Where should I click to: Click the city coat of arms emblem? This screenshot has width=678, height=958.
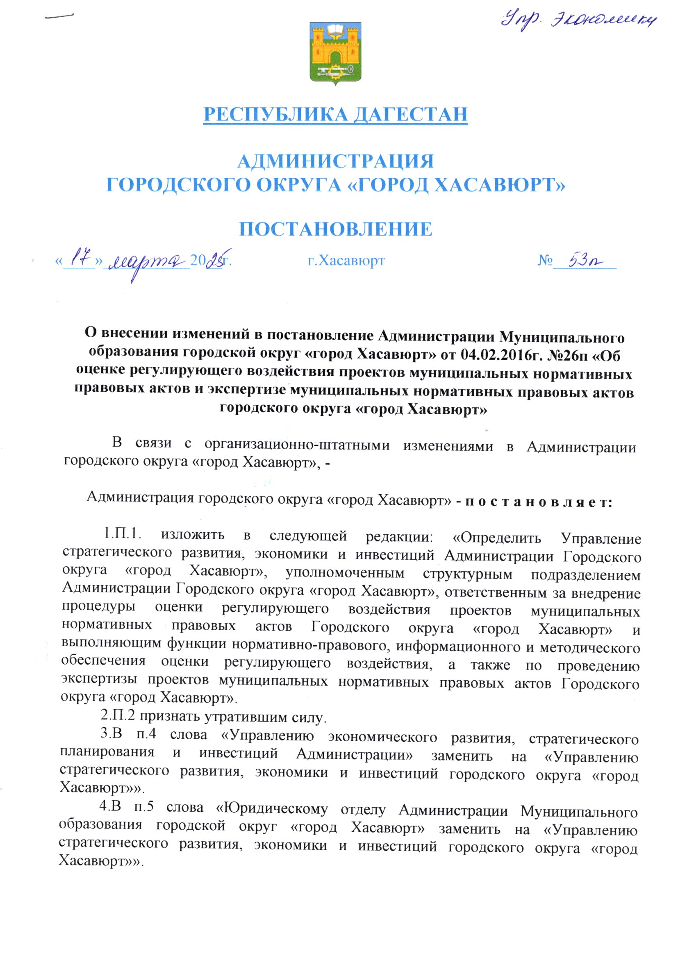pos(335,54)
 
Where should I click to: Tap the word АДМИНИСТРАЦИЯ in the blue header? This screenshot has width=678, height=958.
pos(335,161)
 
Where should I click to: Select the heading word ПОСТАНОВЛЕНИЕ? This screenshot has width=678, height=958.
pos(335,229)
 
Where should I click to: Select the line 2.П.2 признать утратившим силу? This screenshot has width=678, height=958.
pos(213,717)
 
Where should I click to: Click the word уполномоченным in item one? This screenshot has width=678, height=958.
pos(345,573)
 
